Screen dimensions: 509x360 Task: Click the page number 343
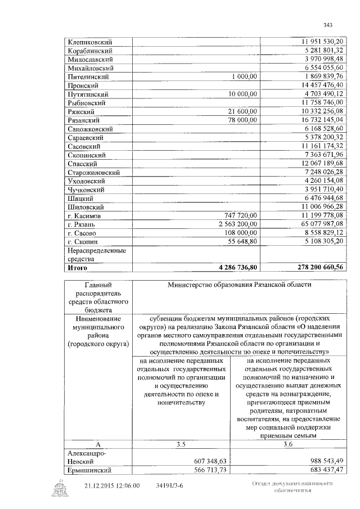coord(328,24)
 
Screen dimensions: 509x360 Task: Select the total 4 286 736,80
coord(235,268)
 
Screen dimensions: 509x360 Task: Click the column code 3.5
coord(180,444)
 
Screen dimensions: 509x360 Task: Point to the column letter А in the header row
coord(97,444)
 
